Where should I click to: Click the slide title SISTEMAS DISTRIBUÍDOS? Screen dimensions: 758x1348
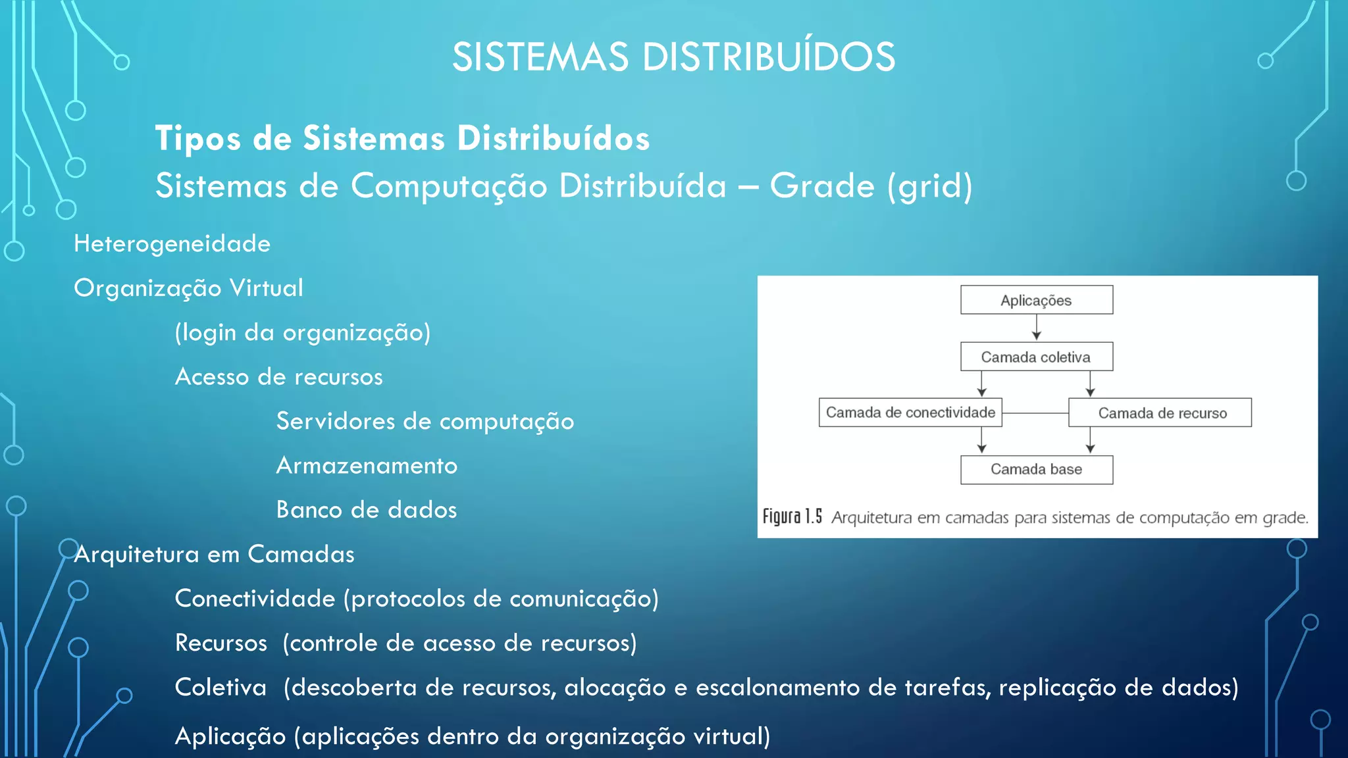click(673, 57)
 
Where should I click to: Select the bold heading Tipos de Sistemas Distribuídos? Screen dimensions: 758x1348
click(402, 139)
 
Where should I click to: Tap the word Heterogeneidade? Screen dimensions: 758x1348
click(172, 244)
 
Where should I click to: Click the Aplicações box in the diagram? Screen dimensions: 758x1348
click(1036, 300)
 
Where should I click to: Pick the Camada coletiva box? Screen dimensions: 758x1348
click(1036, 357)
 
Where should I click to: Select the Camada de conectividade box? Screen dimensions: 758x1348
click(910, 413)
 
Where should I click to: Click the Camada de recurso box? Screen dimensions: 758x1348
click(1160, 413)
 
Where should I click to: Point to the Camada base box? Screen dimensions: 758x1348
click(1036, 469)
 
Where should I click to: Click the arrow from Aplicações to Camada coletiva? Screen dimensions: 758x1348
click(1036, 327)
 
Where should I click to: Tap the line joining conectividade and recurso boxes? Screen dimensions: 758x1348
click(1035, 413)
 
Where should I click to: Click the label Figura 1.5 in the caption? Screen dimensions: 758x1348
click(792, 517)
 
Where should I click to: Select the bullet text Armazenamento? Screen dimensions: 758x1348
click(367, 466)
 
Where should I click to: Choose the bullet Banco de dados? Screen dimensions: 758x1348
click(367, 510)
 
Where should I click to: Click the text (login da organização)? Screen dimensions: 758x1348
click(303, 333)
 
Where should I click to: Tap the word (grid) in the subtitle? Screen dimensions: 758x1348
click(929, 186)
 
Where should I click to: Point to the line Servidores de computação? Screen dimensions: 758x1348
click(425, 421)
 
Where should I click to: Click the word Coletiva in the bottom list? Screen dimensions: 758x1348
click(220, 688)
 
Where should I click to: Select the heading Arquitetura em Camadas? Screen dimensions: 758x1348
click(214, 555)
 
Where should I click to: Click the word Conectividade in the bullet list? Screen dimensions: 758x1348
click(255, 599)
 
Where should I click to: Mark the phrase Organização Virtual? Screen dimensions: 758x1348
click(188, 288)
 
